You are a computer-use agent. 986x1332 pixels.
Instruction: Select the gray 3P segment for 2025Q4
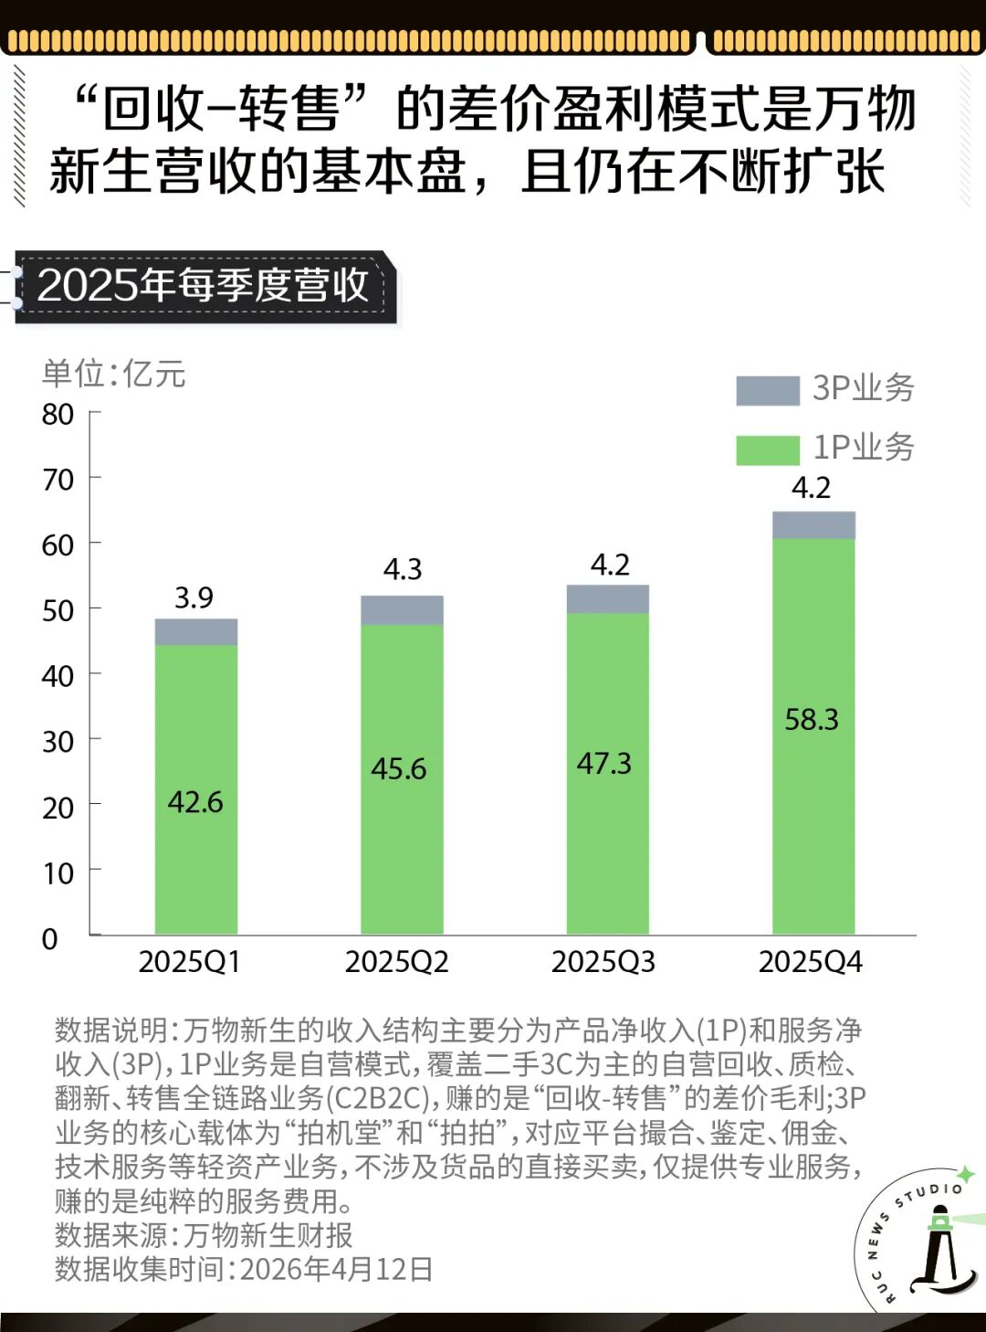tap(813, 525)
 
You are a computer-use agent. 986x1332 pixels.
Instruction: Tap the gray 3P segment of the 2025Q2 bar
tap(402, 610)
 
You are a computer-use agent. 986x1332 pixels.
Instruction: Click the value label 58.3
tap(812, 720)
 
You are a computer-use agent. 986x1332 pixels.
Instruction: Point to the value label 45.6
tap(398, 768)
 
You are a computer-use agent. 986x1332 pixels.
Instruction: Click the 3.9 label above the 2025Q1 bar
tap(194, 598)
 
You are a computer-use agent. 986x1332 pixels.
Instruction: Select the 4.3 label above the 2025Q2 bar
tap(403, 570)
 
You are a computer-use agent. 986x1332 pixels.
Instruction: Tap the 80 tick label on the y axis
tap(58, 415)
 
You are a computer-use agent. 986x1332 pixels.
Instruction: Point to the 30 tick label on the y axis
tap(58, 742)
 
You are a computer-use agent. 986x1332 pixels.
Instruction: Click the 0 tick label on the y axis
tap(50, 939)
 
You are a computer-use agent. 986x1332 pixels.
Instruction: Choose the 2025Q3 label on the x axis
tap(603, 962)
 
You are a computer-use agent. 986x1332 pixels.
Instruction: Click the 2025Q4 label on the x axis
tap(810, 962)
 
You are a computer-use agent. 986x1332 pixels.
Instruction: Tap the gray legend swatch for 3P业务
tap(768, 390)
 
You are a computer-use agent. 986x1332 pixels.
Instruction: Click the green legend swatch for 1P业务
tap(768, 449)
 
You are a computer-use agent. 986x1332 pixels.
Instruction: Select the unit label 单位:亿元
tap(114, 374)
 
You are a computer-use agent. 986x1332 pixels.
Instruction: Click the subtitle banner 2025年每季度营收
tap(203, 286)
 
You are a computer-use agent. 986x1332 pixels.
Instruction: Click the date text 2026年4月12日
tap(336, 1269)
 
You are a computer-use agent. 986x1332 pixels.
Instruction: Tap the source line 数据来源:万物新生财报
tap(204, 1235)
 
